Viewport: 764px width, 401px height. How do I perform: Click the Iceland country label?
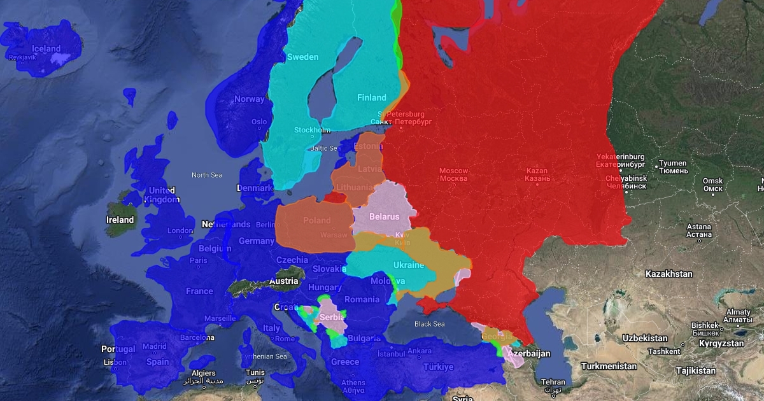[x=46, y=48]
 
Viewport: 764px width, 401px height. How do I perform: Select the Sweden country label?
[x=302, y=57]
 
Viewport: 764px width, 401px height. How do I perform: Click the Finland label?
[x=371, y=97]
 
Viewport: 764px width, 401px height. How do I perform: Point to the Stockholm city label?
[x=312, y=130]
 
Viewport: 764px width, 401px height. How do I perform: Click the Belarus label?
[x=384, y=216]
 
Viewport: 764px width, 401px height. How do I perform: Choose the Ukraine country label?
[x=408, y=265]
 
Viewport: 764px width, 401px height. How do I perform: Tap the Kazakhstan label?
[x=668, y=274]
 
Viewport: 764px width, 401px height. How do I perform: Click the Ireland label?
[x=120, y=220]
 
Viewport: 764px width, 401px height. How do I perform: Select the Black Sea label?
[x=429, y=324]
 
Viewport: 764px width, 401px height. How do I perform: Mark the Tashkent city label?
[x=665, y=351]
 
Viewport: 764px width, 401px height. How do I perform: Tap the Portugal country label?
[x=118, y=349]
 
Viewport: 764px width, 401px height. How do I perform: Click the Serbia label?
[x=332, y=317]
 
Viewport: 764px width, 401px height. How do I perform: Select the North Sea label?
[x=207, y=174]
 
